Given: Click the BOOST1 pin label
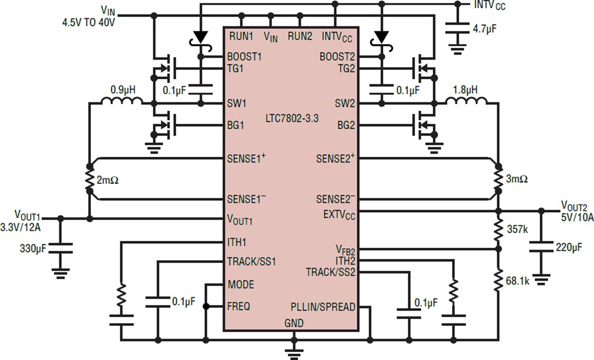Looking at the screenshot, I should [244, 57].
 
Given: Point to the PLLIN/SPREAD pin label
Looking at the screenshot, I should [323, 307].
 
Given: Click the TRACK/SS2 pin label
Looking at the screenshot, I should [331, 272].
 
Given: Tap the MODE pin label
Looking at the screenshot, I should [241, 285].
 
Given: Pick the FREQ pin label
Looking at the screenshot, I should [239, 306].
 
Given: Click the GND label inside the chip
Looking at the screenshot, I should [294, 323].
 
